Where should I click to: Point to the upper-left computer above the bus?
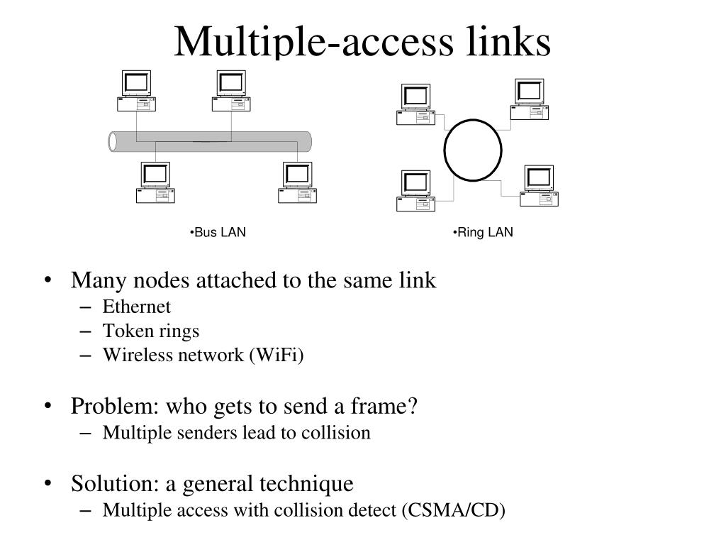[135, 91]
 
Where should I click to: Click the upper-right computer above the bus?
[231, 91]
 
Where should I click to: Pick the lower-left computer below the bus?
[155, 182]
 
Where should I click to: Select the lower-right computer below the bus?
[296, 182]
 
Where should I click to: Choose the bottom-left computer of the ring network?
[416, 190]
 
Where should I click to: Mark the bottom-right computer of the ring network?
[539, 185]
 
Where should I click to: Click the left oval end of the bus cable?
[113, 141]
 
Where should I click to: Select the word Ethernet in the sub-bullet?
[137, 307]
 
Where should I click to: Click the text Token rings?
[151, 331]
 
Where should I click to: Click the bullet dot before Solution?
[48, 485]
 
